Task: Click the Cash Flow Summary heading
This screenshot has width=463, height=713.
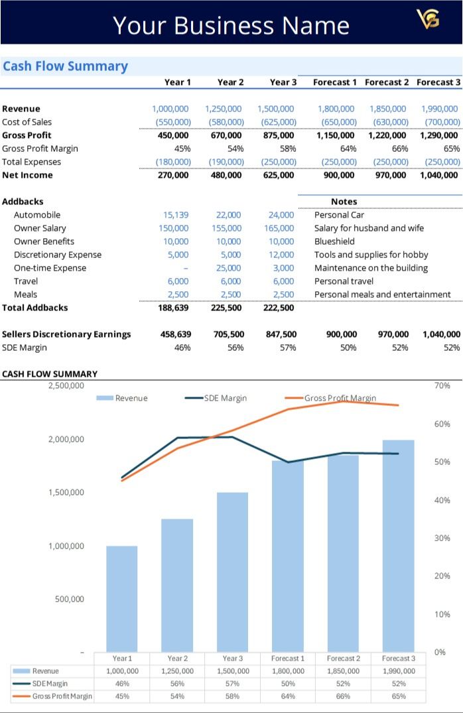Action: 65,66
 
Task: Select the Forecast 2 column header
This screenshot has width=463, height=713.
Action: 387,82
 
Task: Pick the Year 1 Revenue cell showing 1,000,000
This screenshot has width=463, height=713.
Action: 170,109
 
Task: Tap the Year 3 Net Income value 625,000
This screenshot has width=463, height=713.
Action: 279,175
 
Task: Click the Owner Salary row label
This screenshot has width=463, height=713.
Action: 40,228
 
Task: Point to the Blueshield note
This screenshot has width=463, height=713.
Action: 334,241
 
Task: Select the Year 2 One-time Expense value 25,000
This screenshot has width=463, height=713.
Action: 229,268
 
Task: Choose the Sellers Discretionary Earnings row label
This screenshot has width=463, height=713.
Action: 66,334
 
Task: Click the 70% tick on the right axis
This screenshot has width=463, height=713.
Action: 442,385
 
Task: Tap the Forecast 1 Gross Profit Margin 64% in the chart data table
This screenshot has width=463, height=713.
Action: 288,696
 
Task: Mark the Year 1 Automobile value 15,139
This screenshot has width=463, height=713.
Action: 176,215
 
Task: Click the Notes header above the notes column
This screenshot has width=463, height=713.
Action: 344,202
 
